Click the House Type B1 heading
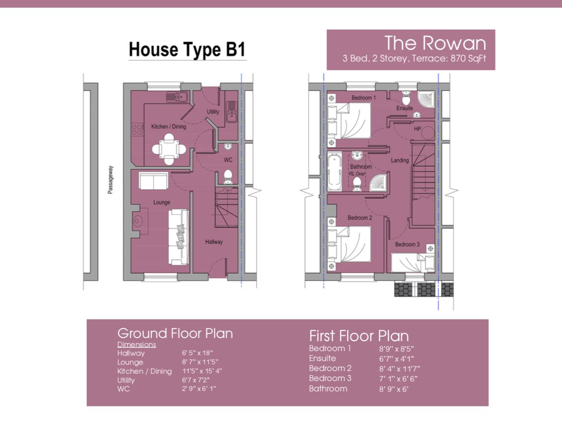tap(187, 49)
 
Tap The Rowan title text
tap(435, 43)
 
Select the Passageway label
tap(110, 180)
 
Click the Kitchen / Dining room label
tap(168, 126)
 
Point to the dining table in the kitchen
tap(168, 148)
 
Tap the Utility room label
tap(213, 111)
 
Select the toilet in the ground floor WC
tap(228, 176)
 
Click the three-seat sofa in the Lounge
tap(179, 237)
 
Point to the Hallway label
tap(213, 242)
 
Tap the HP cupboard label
tap(417, 129)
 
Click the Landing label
tap(400, 160)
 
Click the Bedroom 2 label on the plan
tap(359, 218)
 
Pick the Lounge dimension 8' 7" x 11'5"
tap(200, 362)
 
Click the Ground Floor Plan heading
tap(175, 333)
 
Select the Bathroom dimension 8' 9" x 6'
tap(393, 389)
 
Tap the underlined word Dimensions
tap(137, 344)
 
